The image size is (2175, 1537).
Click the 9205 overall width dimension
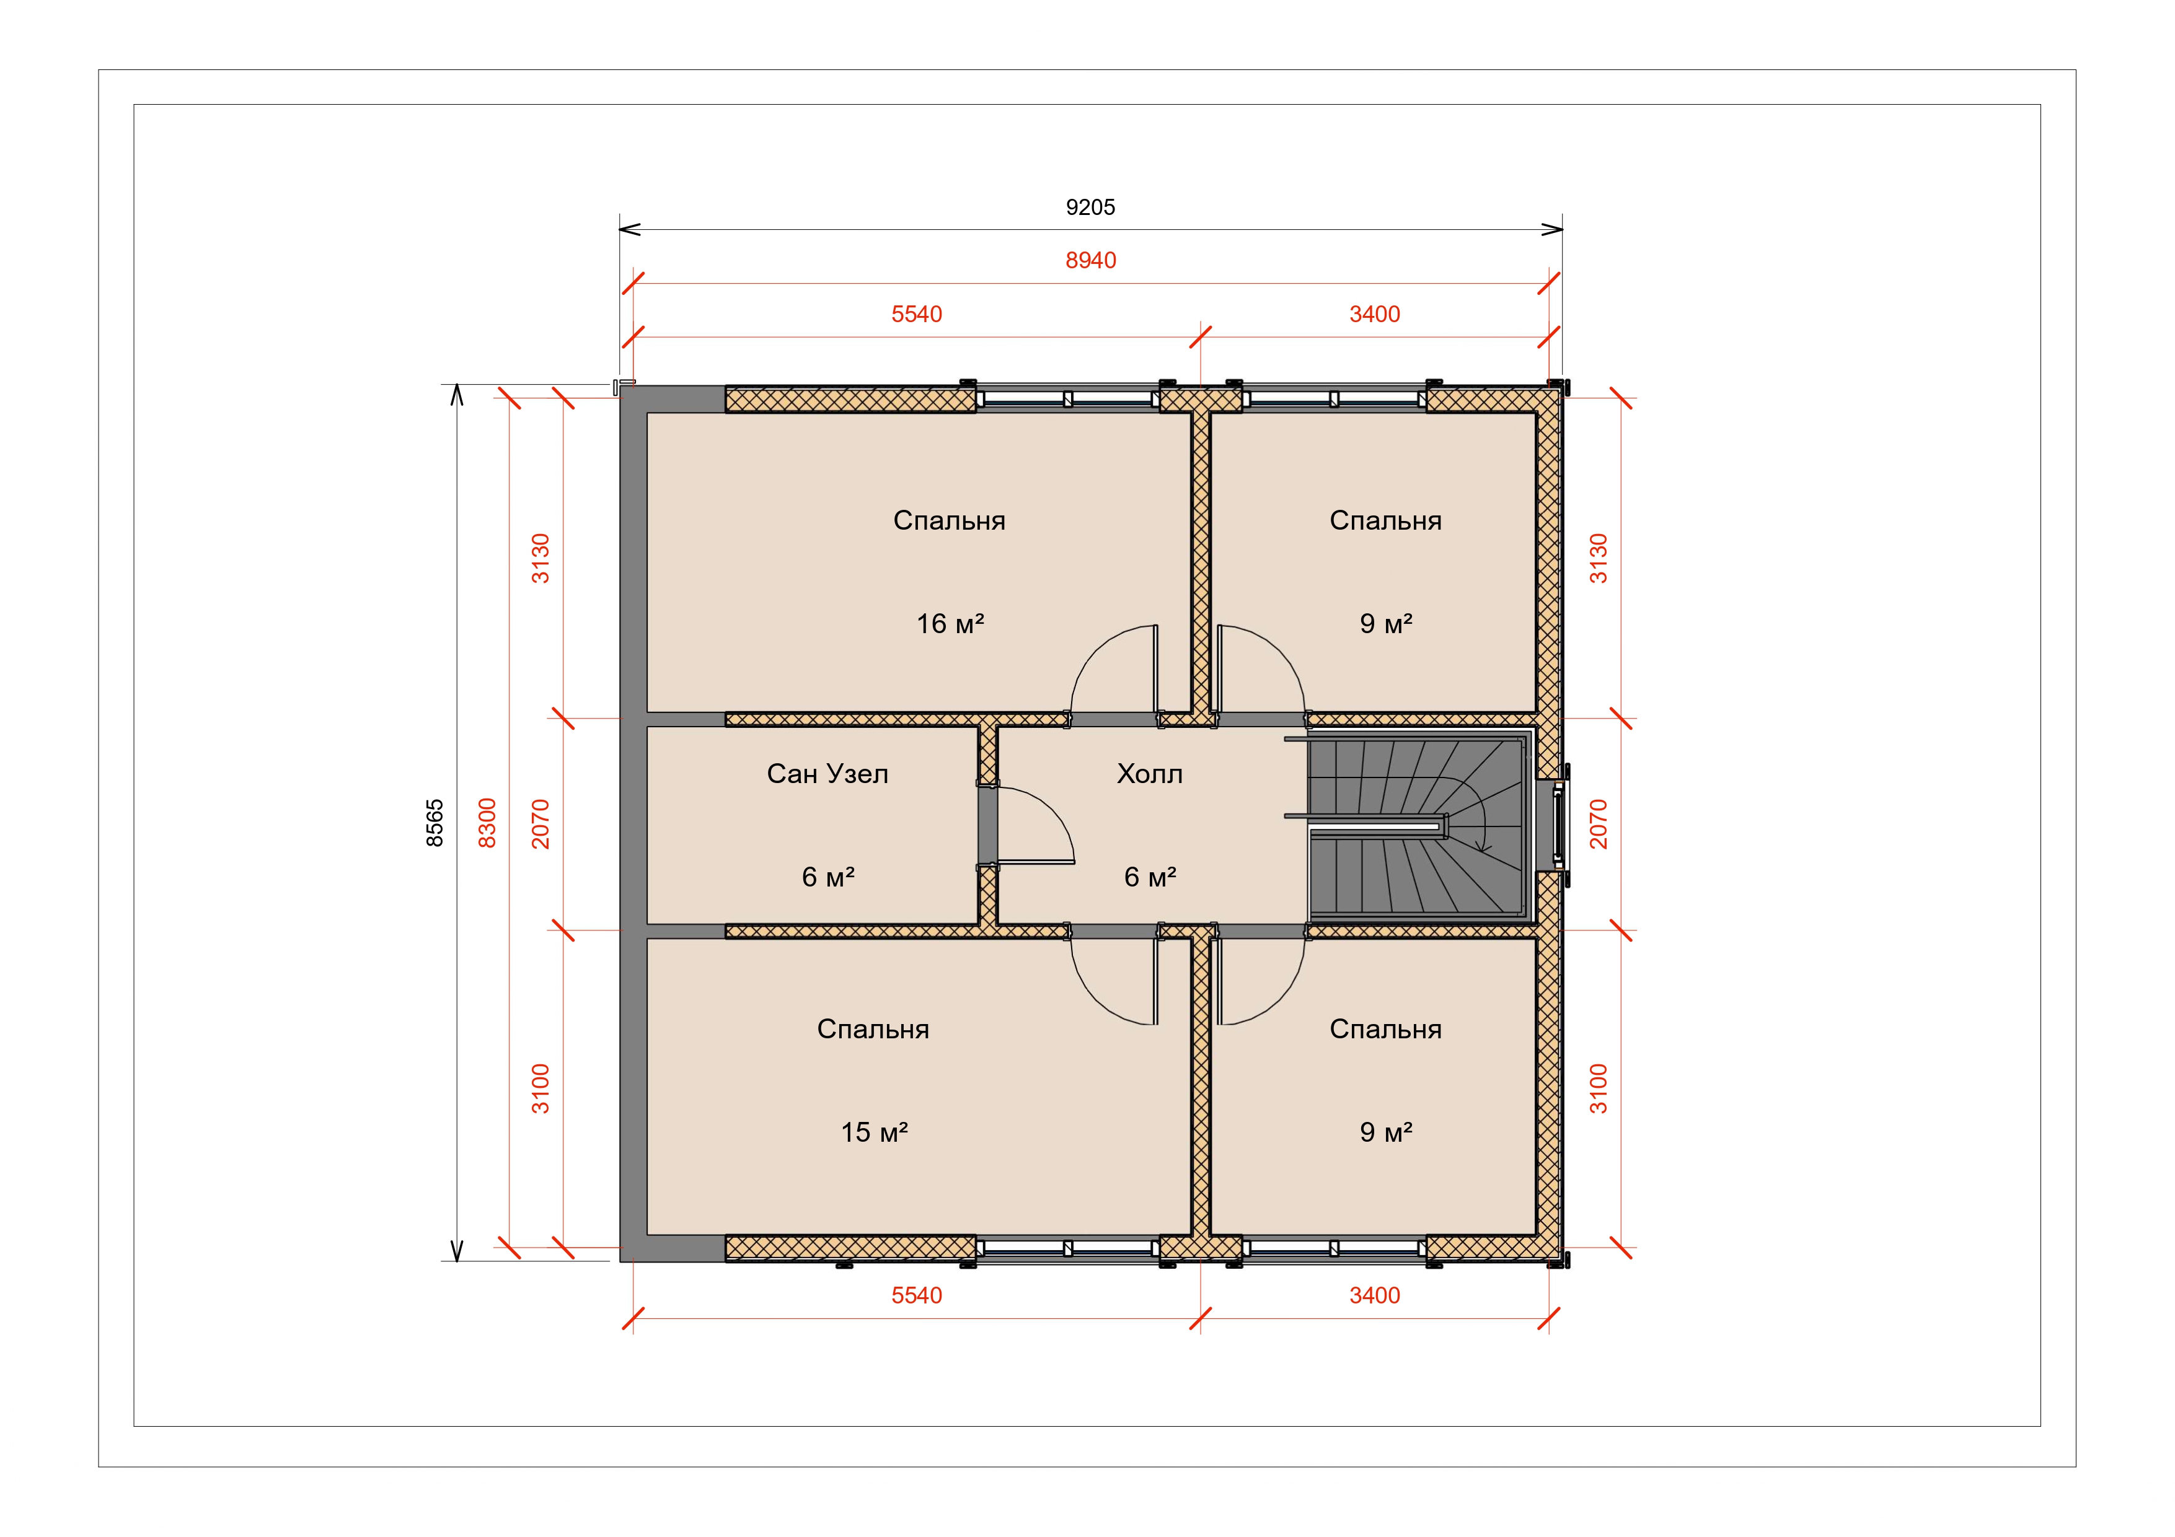coord(1090,208)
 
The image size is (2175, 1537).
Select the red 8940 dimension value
coord(1090,260)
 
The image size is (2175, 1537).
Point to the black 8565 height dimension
coord(435,823)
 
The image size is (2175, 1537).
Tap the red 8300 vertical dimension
coord(487,823)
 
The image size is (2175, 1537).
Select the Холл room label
coord(1150,774)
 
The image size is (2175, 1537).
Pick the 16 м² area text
coord(950,623)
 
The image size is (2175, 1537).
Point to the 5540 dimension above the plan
coord(916,315)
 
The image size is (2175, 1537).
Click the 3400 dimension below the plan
coord(1375,1295)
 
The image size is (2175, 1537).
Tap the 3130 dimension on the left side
coord(540,559)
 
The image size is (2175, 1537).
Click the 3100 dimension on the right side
coord(1598,1089)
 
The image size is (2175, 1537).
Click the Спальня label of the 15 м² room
coord(873,1030)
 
